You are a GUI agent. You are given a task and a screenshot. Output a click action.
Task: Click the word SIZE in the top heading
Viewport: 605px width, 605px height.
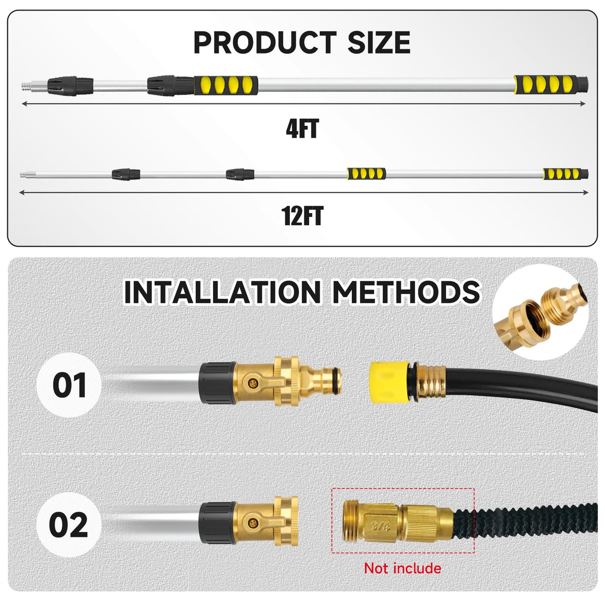379,42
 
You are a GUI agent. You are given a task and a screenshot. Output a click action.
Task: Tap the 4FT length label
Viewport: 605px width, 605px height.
302,129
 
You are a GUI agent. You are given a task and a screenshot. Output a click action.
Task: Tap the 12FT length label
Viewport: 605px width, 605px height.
302,216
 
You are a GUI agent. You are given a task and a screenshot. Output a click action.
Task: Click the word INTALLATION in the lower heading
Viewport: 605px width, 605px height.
223,292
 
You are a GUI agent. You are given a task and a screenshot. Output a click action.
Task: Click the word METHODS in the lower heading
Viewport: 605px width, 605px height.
406,292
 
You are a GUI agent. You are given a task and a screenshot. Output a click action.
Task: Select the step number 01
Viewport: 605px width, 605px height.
70,385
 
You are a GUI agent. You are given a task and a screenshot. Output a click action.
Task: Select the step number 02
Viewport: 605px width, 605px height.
69,525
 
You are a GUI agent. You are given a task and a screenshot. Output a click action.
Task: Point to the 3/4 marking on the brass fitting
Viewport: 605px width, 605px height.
380,526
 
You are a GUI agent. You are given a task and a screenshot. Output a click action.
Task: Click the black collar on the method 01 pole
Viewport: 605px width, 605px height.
217,383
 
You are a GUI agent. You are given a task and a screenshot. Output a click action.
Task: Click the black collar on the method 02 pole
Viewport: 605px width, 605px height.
217,523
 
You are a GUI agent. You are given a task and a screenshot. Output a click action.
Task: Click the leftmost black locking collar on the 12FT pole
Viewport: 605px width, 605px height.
126,174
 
